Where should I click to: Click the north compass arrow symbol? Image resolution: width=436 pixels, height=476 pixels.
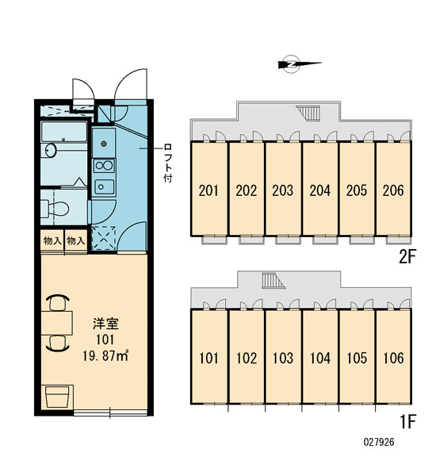coord(299,64)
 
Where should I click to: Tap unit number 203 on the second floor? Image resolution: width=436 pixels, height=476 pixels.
coord(283,190)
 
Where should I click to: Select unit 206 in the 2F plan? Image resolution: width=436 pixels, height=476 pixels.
coord(393,190)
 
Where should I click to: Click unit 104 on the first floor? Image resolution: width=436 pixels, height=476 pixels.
coord(319,359)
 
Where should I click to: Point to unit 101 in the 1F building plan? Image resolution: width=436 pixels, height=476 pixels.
coord(208,359)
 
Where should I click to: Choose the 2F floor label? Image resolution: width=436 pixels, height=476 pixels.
coord(407,257)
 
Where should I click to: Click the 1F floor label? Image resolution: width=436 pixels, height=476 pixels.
coord(407,421)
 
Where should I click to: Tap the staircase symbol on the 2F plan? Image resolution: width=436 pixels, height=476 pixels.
coord(308,113)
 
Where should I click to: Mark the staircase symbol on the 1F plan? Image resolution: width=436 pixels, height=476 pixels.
coord(273,281)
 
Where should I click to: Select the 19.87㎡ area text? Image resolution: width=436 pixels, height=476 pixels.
coord(105,355)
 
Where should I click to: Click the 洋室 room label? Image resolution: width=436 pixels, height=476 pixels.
coord(105,324)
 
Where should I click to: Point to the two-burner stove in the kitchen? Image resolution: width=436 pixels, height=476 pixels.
coord(104,166)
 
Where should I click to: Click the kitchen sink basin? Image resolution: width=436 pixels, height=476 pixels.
coord(104,186)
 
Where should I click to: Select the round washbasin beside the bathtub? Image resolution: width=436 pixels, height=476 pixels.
coord(51,150)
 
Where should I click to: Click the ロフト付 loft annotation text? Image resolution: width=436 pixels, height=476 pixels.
coord(167,163)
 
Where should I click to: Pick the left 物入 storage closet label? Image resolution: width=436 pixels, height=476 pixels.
coord(52,241)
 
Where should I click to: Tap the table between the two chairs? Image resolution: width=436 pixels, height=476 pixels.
coord(57,323)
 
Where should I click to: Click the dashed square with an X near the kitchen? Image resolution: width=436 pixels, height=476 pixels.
coord(104,238)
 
